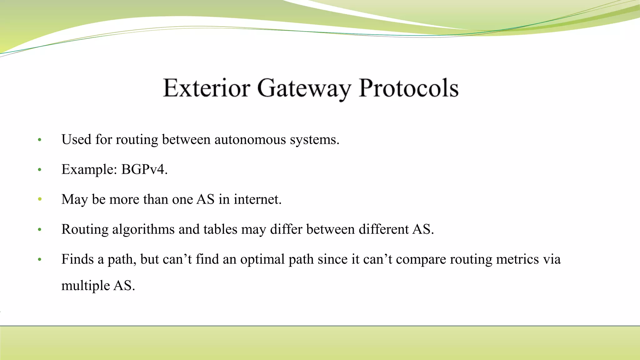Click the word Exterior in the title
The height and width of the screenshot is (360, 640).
point(206,88)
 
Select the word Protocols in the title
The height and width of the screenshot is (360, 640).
point(408,88)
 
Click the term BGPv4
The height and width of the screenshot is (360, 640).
point(144,170)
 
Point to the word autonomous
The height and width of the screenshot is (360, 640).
point(250,139)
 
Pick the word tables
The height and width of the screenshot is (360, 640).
point(220,229)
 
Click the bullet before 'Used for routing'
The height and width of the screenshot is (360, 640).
point(40,140)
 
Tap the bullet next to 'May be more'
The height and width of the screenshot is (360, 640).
point(40,199)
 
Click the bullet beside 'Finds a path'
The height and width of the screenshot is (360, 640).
point(40,259)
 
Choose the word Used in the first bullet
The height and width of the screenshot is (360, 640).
point(76,139)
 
